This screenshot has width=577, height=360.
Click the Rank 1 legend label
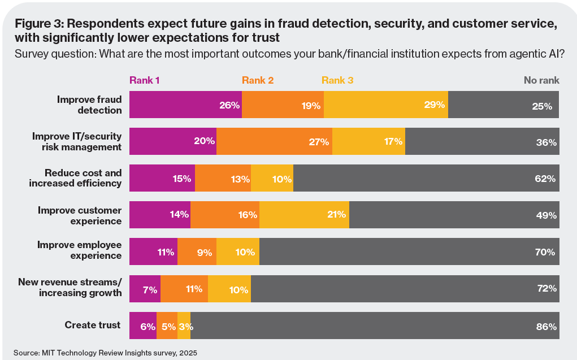(x=145, y=80)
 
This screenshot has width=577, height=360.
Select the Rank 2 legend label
(x=258, y=80)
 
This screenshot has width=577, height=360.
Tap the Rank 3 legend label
(x=337, y=80)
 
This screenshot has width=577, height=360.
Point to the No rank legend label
(x=541, y=80)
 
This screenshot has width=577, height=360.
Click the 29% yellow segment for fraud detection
(x=385, y=105)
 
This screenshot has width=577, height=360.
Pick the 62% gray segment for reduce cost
(x=426, y=179)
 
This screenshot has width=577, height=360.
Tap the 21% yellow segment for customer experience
(x=304, y=215)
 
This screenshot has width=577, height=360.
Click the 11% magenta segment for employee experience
(x=153, y=252)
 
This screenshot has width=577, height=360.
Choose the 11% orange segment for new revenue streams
(x=184, y=289)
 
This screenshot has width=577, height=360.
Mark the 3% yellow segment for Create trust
(x=184, y=326)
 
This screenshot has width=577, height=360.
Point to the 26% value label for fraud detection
(x=230, y=106)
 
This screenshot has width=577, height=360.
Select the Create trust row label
(x=93, y=325)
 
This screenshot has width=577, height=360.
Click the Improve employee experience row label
(x=79, y=250)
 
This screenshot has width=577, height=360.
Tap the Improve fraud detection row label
(x=89, y=105)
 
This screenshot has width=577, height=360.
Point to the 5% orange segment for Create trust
(x=167, y=326)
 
